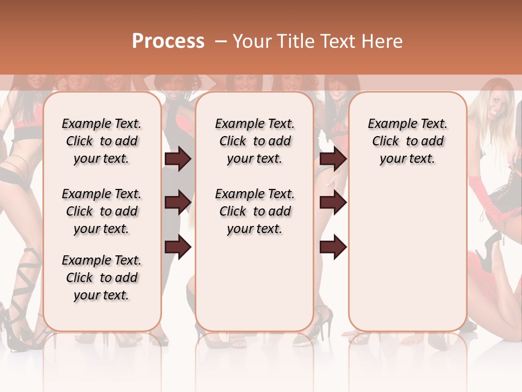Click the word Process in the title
[x=168, y=41]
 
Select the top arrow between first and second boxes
[x=178, y=159]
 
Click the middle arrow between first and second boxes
[x=178, y=203]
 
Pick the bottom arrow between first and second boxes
[x=178, y=247]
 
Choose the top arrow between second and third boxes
[x=333, y=159]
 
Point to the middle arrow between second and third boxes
[x=333, y=203]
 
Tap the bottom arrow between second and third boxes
[x=333, y=247]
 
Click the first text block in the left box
[x=102, y=141]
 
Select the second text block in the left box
[x=102, y=211]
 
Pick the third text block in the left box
[x=102, y=278]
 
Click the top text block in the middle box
[x=254, y=141]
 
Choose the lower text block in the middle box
[x=254, y=211]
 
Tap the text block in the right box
[x=407, y=141]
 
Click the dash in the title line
[x=220, y=41]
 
